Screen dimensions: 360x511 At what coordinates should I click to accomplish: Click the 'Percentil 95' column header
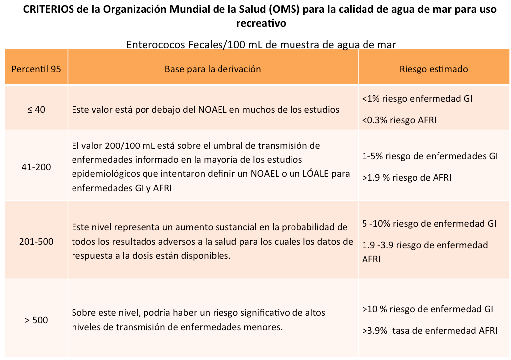pyautogui.click(x=36, y=69)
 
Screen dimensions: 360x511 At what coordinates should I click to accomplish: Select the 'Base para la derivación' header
pyautogui.click(x=213, y=69)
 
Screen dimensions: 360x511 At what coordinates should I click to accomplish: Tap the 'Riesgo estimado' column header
pyautogui.click(x=434, y=69)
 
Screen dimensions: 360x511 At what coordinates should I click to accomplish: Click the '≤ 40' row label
pyautogui.click(x=36, y=109)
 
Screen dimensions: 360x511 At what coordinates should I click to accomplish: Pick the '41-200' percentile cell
pyautogui.click(x=36, y=167)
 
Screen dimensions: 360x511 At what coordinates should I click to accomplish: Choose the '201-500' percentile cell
pyautogui.click(x=36, y=242)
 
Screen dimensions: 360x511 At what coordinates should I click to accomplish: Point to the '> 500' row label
pyautogui.click(x=36, y=320)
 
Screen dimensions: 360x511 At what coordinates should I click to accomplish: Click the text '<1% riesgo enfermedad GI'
pyautogui.click(x=417, y=99)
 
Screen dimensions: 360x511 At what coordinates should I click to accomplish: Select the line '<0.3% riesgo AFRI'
pyautogui.click(x=399, y=120)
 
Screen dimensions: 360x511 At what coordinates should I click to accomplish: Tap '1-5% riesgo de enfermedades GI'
pyautogui.click(x=430, y=156)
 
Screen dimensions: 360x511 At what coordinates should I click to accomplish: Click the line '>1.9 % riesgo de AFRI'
pyautogui.click(x=407, y=178)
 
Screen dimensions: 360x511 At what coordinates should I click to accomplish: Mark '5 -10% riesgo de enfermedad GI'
pyautogui.click(x=429, y=224)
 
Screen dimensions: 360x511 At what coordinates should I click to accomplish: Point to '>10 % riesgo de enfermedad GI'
pyautogui.click(x=428, y=309)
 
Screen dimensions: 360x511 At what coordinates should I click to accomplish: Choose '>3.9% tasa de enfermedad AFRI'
pyautogui.click(x=430, y=331)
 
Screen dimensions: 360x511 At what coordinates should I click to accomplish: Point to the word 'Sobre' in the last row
pyautogui.click(x=84, y=313)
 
